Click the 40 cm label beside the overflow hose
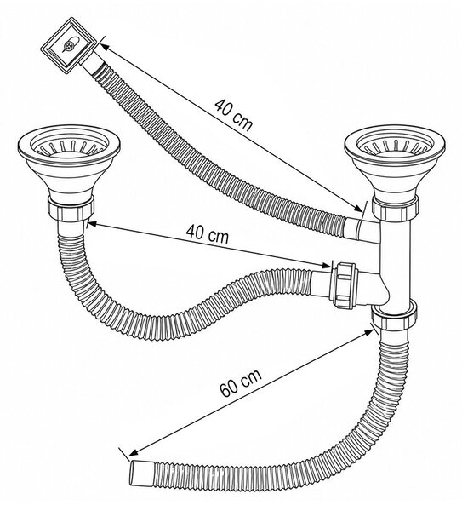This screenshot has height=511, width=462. coord(233,115)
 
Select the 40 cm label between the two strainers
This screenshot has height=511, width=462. coord(208,234)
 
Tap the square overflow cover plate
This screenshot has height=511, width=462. coord(69,46)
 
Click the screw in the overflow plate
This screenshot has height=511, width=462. coord(69,45)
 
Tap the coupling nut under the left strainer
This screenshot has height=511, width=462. coord(71,209)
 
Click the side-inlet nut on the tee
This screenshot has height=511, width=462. coord(344,284)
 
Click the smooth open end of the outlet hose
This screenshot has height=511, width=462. coord(141,474)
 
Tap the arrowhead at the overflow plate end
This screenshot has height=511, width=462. coord(104,47)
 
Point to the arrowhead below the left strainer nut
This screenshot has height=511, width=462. coord(92,224)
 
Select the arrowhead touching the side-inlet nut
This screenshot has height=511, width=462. coord(327,265)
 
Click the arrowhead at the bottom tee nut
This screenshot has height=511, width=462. coord(369,332)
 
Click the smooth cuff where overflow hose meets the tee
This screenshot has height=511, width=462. coord(352,229)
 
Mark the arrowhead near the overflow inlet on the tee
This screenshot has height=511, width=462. coord(358,209)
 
